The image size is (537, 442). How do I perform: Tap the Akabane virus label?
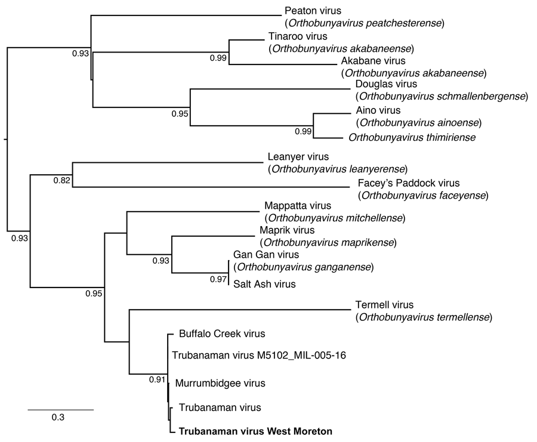(373, 61)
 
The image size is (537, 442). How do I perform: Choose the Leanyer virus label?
(298, 157)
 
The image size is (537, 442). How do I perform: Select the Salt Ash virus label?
(264, 284)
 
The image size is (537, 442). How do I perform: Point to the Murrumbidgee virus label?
(220, 383)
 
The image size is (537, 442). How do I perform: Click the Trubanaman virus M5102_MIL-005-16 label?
(259, 356)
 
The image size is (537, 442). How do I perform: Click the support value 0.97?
(218, 280)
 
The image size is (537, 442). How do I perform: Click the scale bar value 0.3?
(58, 418)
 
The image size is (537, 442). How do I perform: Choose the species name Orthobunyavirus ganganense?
(303, 267)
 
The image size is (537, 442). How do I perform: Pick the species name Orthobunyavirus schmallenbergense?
(442, 96)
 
